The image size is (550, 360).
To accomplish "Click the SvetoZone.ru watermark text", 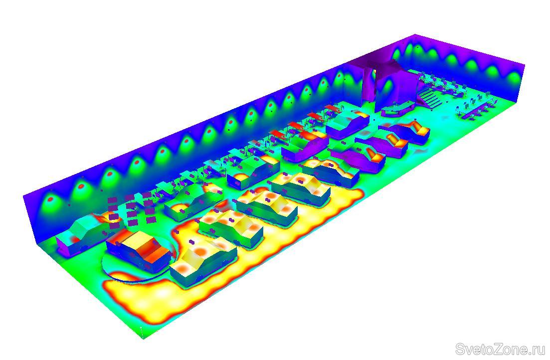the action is [501, 350].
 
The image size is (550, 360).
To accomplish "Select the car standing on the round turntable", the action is [139, 250].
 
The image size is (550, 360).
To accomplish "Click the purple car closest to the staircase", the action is [407, 132].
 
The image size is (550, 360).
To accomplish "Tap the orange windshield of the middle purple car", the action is [395, 140].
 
